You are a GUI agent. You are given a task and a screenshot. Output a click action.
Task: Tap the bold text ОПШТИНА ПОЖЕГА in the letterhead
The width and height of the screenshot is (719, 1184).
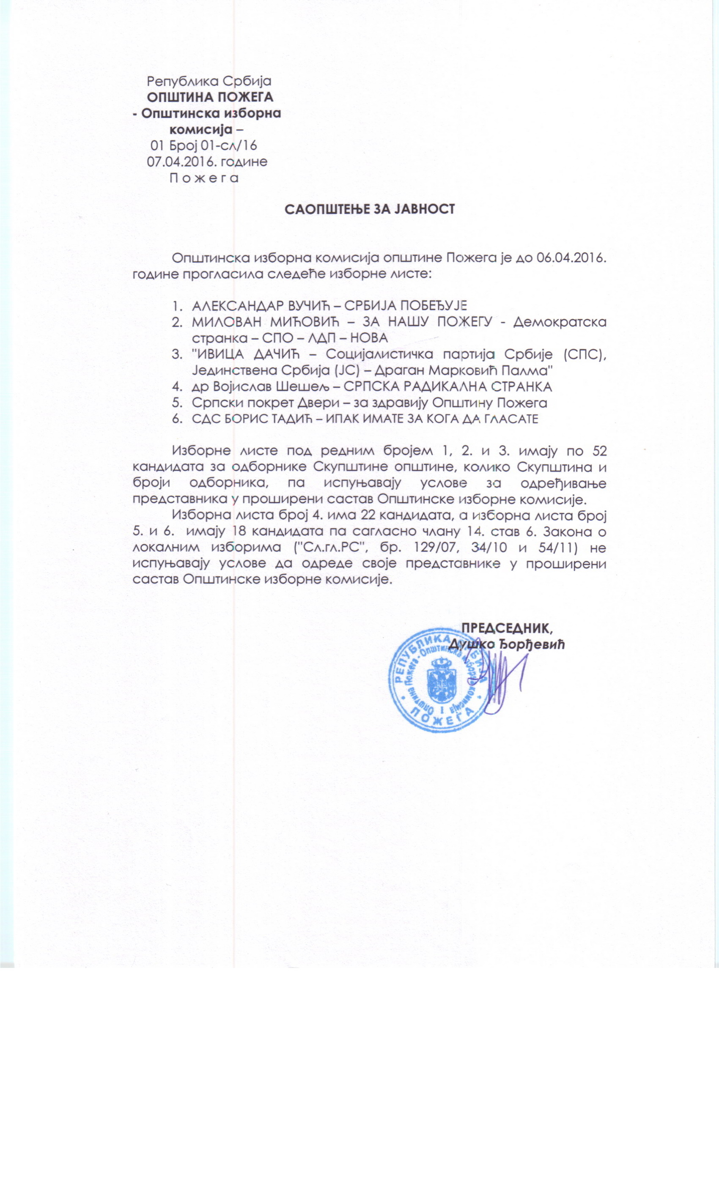(x=210, y=97)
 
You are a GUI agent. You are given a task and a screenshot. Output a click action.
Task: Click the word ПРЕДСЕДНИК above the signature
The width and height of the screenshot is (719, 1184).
(x=506, y=628)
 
